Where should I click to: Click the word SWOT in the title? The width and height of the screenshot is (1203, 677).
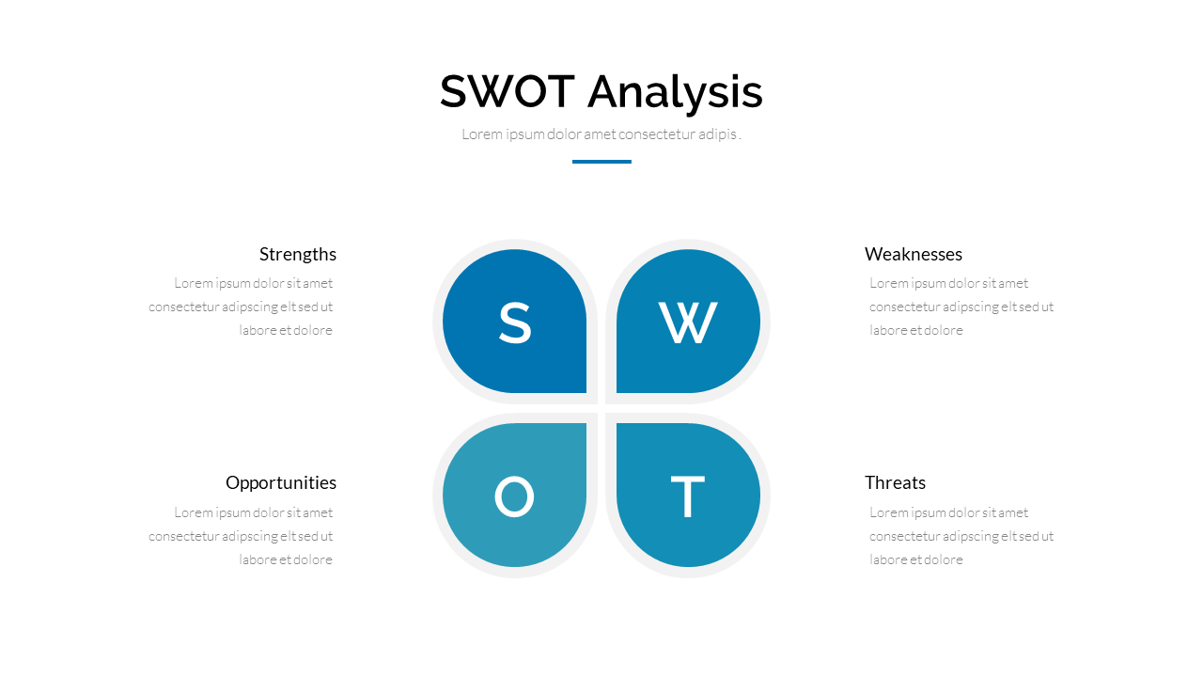coord(507,91)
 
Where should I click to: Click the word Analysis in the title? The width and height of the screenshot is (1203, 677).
coord(675,93)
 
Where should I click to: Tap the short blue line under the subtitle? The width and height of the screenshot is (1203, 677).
coord(601,161)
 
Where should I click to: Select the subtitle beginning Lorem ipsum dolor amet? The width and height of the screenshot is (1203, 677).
coord(601,134)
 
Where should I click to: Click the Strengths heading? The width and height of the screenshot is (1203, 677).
coord(298,254)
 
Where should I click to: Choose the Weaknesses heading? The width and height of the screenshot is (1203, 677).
coord(913,254)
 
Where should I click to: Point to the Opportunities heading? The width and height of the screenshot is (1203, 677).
coord(281,483)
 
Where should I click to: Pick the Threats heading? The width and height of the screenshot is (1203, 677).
coord(895,482)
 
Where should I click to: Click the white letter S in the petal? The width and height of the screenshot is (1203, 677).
coord(515,323)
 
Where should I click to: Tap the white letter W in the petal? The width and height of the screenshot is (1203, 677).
coord(688,322)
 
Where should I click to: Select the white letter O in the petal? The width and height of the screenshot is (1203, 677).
coord(514,496)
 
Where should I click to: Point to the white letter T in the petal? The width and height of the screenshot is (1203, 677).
coord(687,496)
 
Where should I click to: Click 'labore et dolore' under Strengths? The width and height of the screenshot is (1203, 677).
coord(286,330)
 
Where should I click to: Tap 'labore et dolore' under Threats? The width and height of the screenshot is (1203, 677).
coord(916,559)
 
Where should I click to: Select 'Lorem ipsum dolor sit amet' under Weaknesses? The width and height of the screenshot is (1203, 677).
coord(948,284)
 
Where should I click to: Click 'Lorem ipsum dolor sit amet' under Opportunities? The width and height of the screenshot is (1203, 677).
coord(253,513)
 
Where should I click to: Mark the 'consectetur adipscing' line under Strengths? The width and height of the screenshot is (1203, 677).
coord(241,307)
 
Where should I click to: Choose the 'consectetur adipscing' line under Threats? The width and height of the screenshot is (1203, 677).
coord(961,537)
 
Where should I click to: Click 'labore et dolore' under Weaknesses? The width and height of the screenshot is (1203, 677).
coord(916,330)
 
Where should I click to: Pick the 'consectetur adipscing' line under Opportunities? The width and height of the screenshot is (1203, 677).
coord(241,537)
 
